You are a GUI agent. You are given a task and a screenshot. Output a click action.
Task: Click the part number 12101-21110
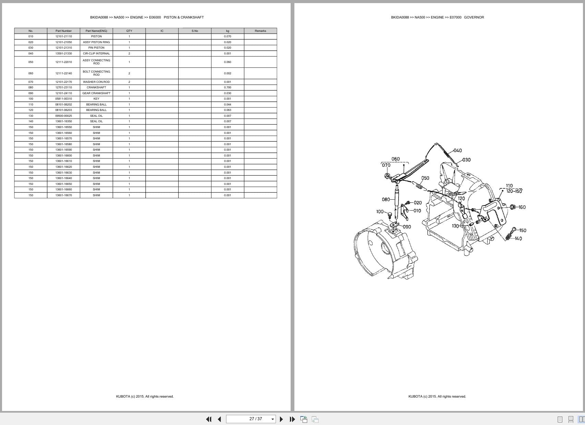tap(63, 36)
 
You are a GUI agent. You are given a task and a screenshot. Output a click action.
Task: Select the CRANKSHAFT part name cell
tap(96, 87)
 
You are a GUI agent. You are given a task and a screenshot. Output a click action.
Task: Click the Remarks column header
tap(260, 31)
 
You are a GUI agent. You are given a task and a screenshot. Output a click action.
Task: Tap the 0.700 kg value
tap(228, 87)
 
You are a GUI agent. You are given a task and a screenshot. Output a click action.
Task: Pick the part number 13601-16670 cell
tap(63, 195)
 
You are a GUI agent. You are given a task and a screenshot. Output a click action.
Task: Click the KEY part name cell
tap(96, 99)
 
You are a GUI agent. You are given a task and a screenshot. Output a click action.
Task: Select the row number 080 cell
tap(31, 87)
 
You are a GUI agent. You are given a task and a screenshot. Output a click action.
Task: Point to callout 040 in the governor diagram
tap(458, 150)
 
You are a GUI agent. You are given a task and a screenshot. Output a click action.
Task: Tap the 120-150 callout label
tap(514, 191)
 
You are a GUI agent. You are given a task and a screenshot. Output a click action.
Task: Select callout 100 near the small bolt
tap(380, 212)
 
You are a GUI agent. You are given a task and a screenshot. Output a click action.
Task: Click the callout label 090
tap(407, 227)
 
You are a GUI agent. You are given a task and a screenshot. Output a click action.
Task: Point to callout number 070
tap(386, 165)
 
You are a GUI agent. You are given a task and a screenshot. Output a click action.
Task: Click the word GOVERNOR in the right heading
tap(474, 17)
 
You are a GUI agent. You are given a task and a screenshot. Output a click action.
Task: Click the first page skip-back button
tap(208, 419)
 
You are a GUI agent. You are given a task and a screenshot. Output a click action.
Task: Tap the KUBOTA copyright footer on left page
tap(145, 397)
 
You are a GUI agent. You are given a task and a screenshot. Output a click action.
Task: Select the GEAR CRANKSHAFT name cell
tap(96, 93)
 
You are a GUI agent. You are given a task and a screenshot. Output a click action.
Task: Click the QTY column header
tap(129, 31)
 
